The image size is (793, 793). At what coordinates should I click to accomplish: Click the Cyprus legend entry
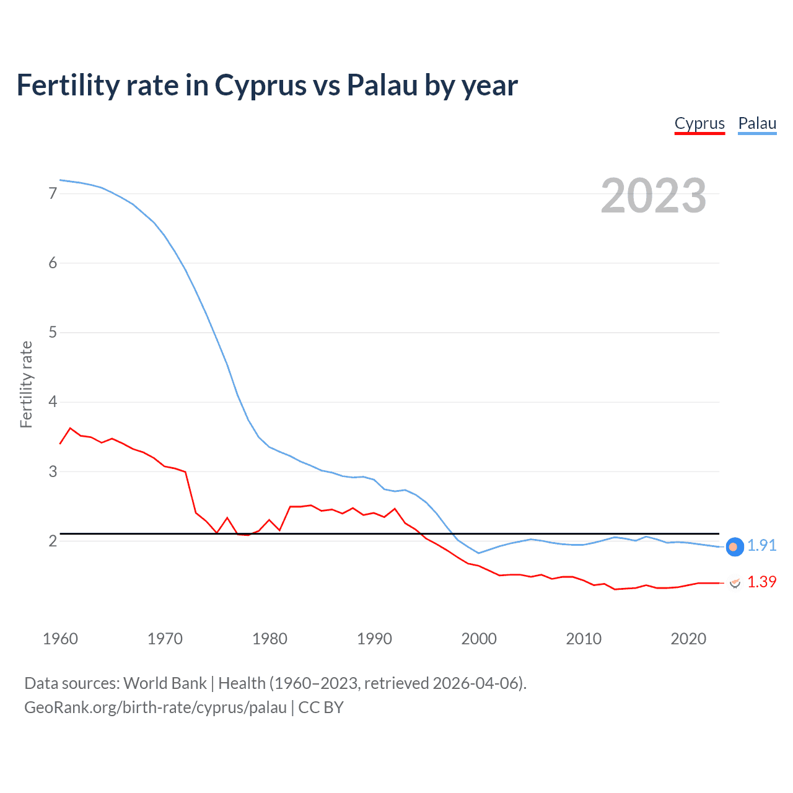(699, 123)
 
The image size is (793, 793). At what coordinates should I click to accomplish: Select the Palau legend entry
(757, 123)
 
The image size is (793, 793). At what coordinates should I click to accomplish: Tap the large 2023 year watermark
(654, 196)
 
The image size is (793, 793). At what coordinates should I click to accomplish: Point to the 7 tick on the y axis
(53, 193)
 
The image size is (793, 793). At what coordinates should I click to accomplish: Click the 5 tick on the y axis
(53, 333)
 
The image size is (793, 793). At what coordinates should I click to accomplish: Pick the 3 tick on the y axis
(53, 471)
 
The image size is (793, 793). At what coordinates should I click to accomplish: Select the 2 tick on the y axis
(53, 541)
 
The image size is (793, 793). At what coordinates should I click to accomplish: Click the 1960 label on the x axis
(60, 639)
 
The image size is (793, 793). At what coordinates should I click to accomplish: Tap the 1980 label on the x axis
(269, 639)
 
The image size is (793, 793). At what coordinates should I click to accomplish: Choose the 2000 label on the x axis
(479, 639)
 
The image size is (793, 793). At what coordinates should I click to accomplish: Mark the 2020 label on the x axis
(688, 639)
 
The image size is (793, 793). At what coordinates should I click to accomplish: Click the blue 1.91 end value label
(761, 545)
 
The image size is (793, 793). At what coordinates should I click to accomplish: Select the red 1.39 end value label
(761, 582)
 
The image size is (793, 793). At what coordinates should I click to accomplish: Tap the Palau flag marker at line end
(734, 546)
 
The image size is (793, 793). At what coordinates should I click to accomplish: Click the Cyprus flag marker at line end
(735, 583)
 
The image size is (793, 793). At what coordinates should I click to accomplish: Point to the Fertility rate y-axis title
(26, 384)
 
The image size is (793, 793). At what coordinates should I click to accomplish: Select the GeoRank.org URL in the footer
(156, 708)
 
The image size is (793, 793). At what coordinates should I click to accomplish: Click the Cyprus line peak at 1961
(70, 428)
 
